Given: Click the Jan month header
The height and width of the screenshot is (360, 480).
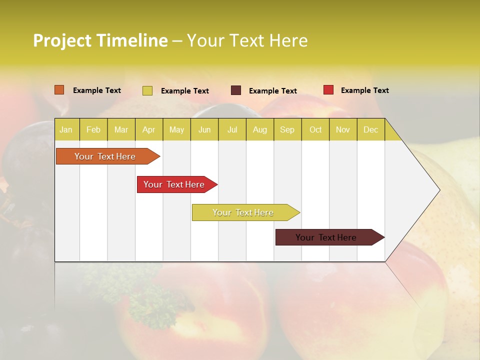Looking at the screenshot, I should pyautogui.click(x=66, y=129).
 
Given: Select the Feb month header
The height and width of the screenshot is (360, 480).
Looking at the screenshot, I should pyautogui.click(x=93, y=129).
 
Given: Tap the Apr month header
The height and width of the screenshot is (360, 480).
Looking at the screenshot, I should pyautogui.click(x=148, y=129).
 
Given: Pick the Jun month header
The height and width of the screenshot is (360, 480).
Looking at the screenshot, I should pyautogui.click(x=204, y=129).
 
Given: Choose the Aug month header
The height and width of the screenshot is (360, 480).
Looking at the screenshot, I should pyautogui.click(x=259, y=129).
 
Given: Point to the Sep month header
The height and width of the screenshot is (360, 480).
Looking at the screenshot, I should pyautogui.click(x=287, y=129).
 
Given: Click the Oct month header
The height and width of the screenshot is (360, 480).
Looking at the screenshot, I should pyautogui.click(x=315, y=129).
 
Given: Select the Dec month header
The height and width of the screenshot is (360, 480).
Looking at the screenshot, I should pyautogui.click(x=370, y=129).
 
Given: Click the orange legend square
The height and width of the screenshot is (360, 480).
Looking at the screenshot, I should pyautogui.click(x=59, y=90).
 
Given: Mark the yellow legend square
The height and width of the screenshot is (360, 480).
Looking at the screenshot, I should pyautogui.click(x=147, y=90).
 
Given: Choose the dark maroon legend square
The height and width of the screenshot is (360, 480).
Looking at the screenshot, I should pyautogui.click(x=236, y=90).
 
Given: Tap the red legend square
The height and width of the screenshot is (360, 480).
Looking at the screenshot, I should pyautogui.click(x=328, y=90).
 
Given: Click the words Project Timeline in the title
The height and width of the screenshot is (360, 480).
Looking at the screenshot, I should pyautogui.click(x=100, y=40).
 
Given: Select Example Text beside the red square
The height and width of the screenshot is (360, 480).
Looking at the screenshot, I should pyautogui.click(x=364, y=90).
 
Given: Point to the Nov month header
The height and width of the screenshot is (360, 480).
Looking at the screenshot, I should pyautogui.click(x=343, y=129).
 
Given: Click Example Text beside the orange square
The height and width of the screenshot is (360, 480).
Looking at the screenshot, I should pyautogui.click(x=97, y=90).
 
